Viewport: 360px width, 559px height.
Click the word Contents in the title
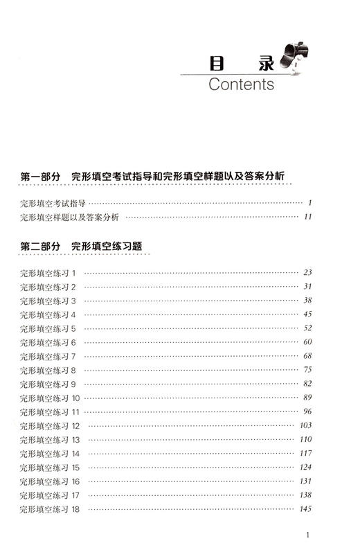click(240, 85)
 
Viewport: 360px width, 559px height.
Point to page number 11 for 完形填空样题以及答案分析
click(308, 217)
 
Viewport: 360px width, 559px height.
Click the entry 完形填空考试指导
click(53, 202)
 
